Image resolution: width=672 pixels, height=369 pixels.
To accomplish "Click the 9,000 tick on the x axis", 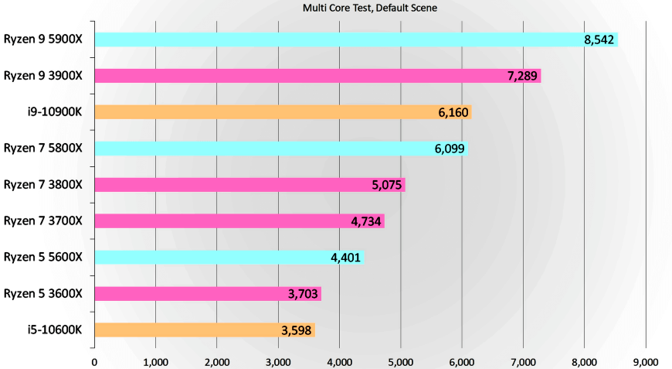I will (645, 361).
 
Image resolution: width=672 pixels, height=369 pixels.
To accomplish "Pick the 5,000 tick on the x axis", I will (400, 361).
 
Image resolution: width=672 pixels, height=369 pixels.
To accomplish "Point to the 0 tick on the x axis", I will (94, 361).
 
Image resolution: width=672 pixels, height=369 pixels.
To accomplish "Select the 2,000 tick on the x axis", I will (216, 361).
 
